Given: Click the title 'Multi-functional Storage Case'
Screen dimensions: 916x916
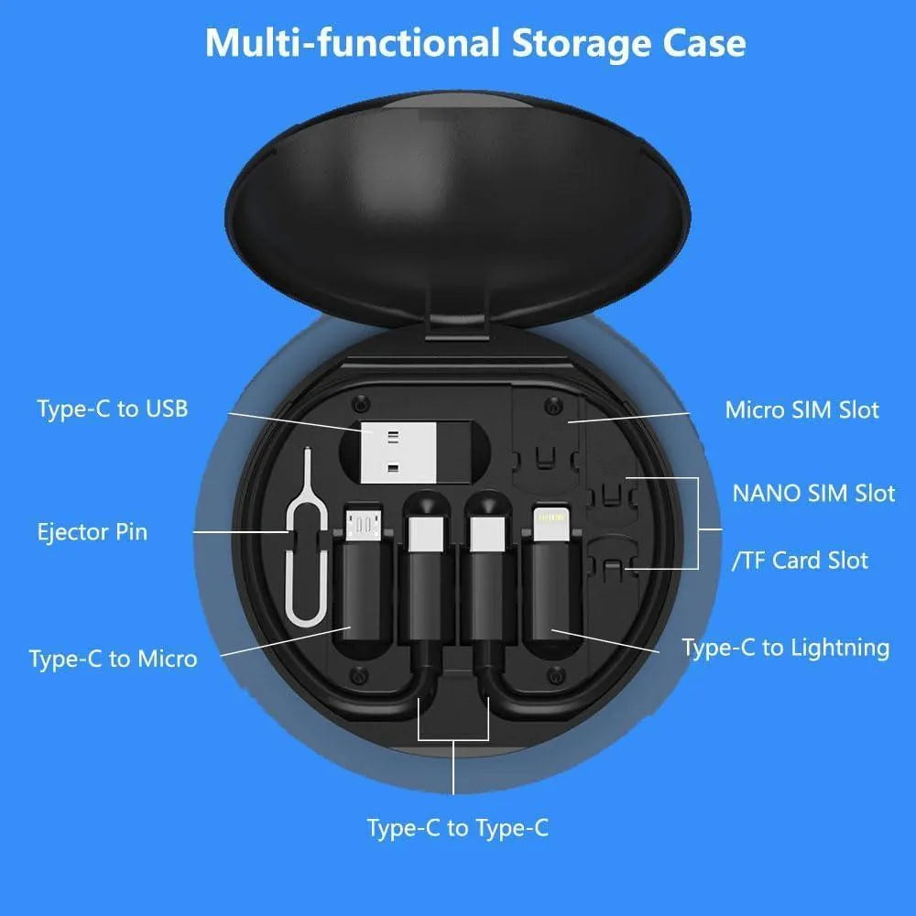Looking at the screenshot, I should pos(474,42).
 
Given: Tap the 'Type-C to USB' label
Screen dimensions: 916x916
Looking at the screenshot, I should pos(113,409).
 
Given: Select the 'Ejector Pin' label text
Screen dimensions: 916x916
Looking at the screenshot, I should pos(92,532).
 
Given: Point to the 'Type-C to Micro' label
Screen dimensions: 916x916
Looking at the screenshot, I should pos(113,659).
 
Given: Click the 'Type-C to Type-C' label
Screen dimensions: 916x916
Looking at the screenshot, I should pos(457,828).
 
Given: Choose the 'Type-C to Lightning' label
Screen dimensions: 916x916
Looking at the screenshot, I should pos(785,649).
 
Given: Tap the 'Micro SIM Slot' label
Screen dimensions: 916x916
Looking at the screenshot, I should pos(801,409).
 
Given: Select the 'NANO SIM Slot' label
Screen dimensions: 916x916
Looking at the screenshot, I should pos(812,493).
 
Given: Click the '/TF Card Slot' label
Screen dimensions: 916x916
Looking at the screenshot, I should pos(800,561).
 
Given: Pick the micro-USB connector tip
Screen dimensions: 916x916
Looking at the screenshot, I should pos(364,521).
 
